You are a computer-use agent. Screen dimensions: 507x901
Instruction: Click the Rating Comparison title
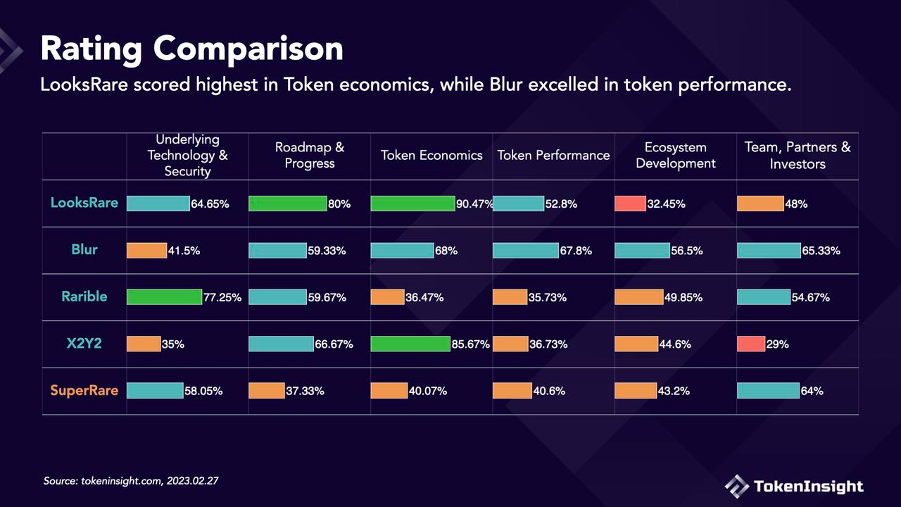pyautogui.click(x=191, y=49)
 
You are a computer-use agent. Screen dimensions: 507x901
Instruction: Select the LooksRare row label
pyautogui.click(x=84, y=203)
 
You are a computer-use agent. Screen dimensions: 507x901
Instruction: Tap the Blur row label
pyautogui.click(x=84, y=250)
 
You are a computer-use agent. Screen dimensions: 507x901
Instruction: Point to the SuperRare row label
pyautogui.click(x=84, y=390)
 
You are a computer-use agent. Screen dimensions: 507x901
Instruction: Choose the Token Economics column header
pyautogui.click(x=431, y=155)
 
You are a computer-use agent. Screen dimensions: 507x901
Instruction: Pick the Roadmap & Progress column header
pyautogui.click(x=310, y=155)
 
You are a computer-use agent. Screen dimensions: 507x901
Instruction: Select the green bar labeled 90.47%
pyautogui.click(x=412, y=204)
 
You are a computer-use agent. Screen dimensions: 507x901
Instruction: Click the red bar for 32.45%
pyautogui.click(x=630, y=204)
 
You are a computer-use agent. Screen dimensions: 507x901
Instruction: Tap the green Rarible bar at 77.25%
pyautogui.click(x=164, y=297)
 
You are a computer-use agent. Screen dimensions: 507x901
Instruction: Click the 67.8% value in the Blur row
pyautogui.click(x=576, y=251)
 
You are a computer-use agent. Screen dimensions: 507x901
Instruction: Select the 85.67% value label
pyautogui.click(x=470, y=344)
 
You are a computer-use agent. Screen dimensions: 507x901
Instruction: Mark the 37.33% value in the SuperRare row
pyautogui.click(x=305, y=391)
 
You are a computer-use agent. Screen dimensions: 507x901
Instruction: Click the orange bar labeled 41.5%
pyautogui.click(x=146, y=251)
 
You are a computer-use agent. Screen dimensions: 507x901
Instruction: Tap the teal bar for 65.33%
pyautogui.click(x=769, y=251)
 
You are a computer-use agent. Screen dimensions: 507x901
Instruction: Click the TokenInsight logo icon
pyautogui.click(x=737, y=486)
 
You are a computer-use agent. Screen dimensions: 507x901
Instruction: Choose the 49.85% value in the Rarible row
pyautogui.click(x=683, y=297)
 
